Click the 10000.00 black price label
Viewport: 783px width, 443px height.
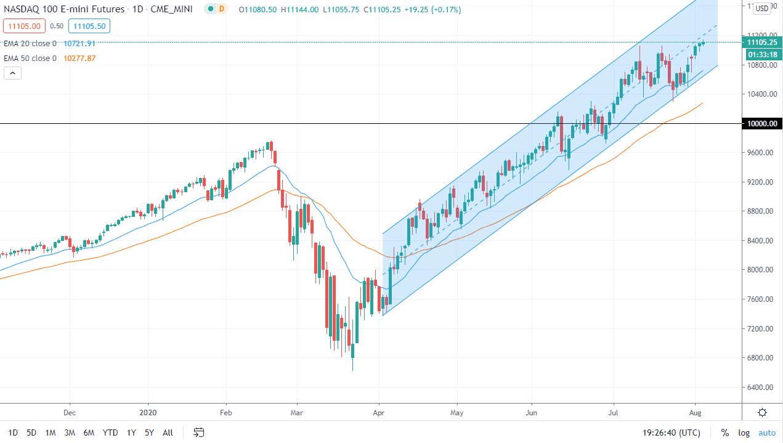[761, 124]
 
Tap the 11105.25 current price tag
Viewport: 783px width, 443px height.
[761, 43]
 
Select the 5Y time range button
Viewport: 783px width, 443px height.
[149, 433]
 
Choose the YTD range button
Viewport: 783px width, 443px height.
[110, 433]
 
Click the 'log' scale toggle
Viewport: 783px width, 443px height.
[744, 433]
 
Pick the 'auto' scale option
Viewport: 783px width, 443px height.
[766, 433]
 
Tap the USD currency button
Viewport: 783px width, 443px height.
[762, 8]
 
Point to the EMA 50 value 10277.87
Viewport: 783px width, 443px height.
[79, 59]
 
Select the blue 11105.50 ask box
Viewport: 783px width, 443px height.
[89, 26]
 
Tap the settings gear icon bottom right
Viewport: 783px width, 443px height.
[762, 413]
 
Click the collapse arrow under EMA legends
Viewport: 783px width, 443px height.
[12, 73]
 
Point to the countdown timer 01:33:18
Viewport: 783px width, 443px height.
[762, 54]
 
